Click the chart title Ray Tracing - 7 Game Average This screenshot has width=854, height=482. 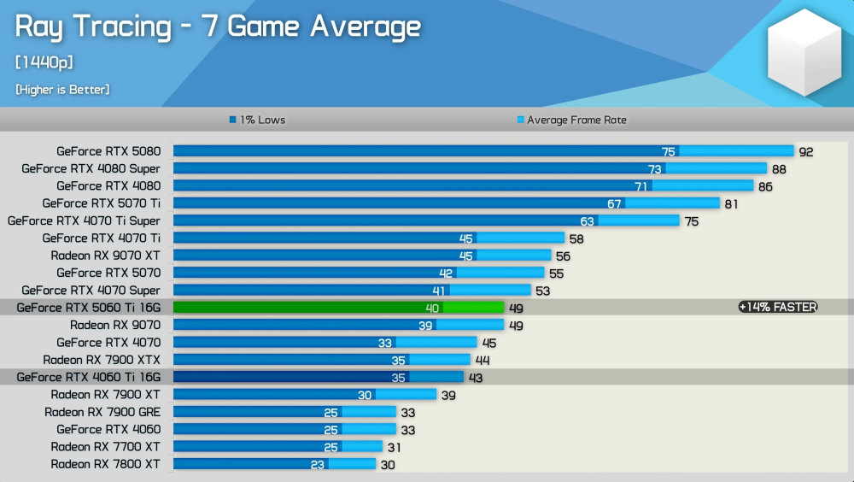[218, 26]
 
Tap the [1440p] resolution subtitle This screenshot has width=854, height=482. [44, 62]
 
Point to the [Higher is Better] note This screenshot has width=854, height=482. [62, 89]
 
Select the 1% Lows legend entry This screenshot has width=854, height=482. [257, 120]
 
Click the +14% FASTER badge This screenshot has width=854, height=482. [778, 308]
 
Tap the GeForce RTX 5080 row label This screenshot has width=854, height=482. [108, 151]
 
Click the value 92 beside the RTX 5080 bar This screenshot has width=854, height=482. [806, 152]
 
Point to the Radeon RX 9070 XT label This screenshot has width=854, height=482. [105, 256]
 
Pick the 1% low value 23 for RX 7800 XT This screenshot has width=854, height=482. [318, 464]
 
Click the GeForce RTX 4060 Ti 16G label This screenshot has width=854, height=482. [89, 377]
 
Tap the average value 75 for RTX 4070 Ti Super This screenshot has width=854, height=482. [691, 221]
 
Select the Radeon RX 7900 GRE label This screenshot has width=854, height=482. [102, 412]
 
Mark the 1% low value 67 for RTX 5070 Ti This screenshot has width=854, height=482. [614, 203]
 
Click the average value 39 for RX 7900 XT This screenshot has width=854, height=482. [447, 395]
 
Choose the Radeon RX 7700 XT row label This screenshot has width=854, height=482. [105, 446]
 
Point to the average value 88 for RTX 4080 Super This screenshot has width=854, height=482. [779, 169]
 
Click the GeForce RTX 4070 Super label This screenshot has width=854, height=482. [91, 291]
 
